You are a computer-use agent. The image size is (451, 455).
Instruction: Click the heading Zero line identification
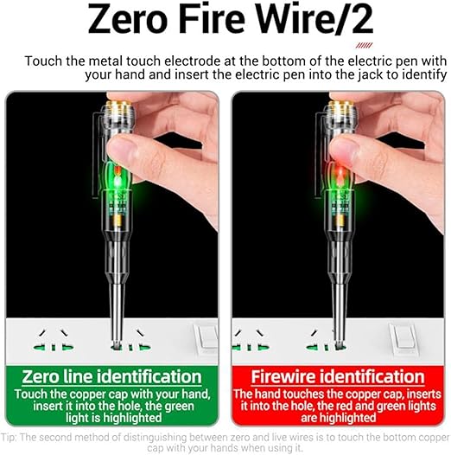click(x=115, y=377)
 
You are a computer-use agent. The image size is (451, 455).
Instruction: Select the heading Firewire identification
click(x=337, y=378)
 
